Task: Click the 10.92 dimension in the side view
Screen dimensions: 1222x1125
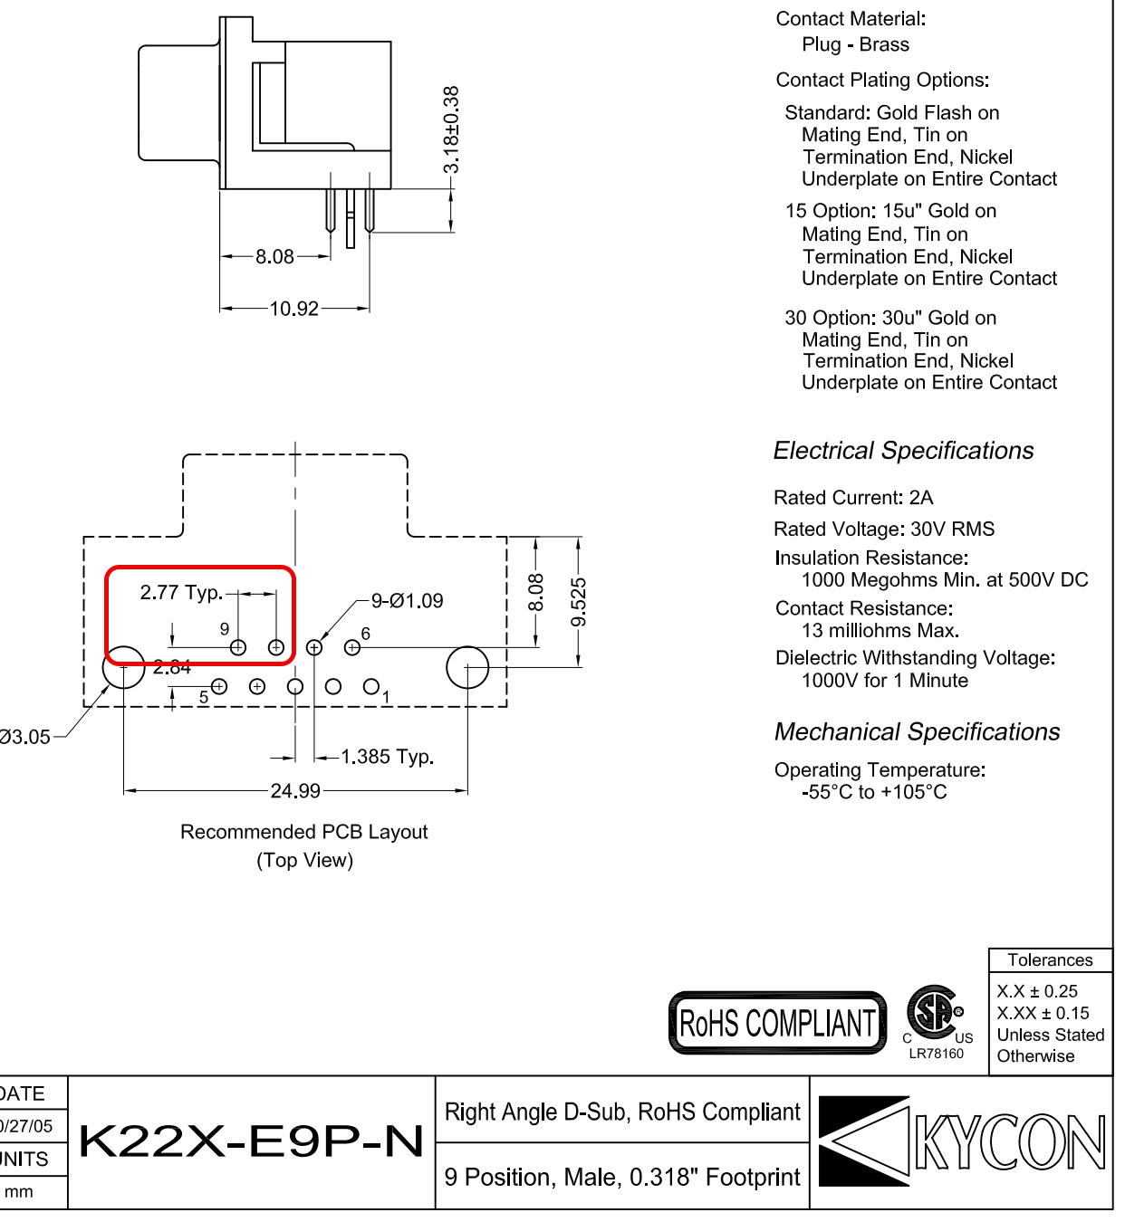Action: pyautogui.click(x=294, y=309)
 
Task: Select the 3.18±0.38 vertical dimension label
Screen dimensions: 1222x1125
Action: pyautogui.click(x=451, y=129)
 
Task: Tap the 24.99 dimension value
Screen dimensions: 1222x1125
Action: pyautogui.click(x=295, y=791)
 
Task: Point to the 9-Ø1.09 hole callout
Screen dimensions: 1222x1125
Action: pyautogui.click(x=408, y=601)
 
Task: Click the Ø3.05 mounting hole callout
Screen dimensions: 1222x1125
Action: pyautogui.click(x=25, y=737)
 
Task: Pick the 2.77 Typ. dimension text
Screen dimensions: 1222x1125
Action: pyautogui.click(x=181, y=593)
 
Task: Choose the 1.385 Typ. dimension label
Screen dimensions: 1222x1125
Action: pyautogui.click(x=387, y=757)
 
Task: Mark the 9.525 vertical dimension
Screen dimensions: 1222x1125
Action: pyautogui.click(x=579, y=602)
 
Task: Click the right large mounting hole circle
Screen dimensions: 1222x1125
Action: pyautogui.click(x=467, y=667)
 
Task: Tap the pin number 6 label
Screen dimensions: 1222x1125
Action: pyautogui.click(x=366, y=634)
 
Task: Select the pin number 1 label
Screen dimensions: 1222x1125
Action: pyautogui.click(x=386, y=697)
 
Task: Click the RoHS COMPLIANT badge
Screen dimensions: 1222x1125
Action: pyautogui.click(x=777, y=1024)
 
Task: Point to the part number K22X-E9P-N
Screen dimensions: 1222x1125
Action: pyautogui.click(x=252, y=1141)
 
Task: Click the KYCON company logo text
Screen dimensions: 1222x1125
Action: pyautogui.click(x=1009, y=1142)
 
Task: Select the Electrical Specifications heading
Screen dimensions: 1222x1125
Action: pyautogui.click(x=903, y=451)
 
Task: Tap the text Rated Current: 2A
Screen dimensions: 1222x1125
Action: pyautogui.click(x=853, y=498)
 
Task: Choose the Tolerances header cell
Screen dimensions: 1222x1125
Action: pyautogui.click(x=1050, y=960)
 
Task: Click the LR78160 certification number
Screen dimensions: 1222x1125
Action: pyautogui.click(x=937, y=1054)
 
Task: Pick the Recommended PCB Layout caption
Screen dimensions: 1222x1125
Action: pyautogui.click(x=304, y=832)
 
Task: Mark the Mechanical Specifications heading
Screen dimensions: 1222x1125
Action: pyautogui.click(x=917, y=732)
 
